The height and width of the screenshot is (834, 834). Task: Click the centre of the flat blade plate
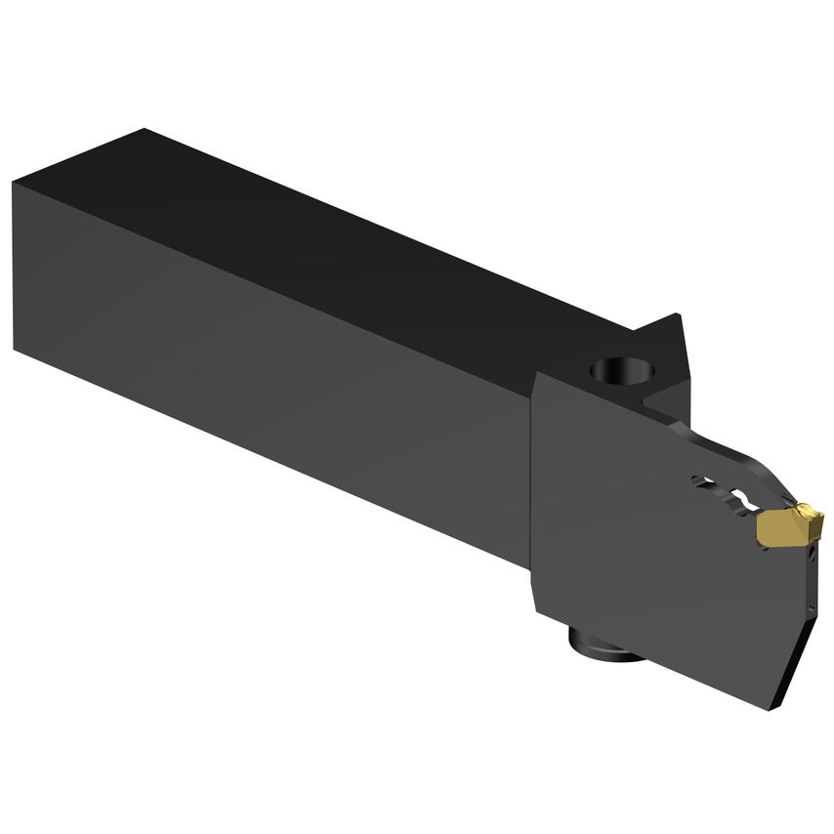click(x=654, y=547)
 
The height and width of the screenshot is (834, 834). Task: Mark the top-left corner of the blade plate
click(x=536, y=377)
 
